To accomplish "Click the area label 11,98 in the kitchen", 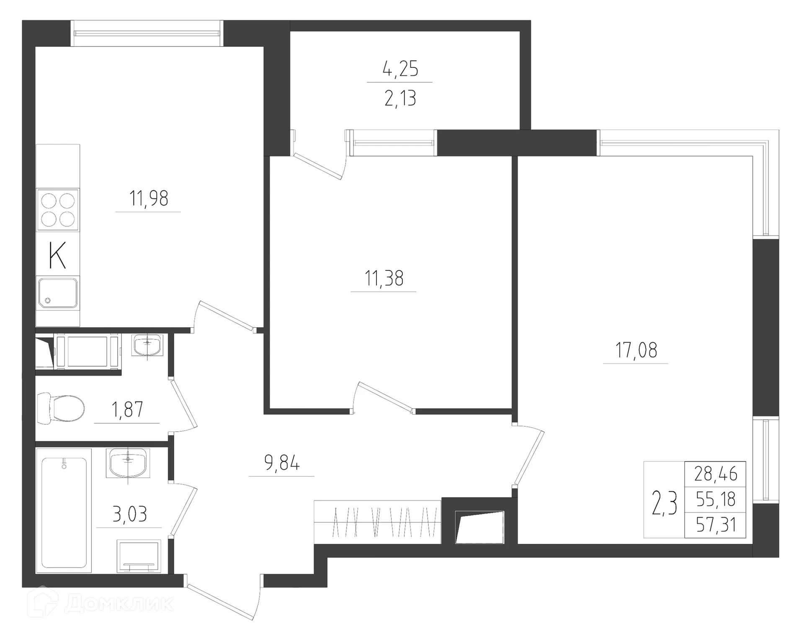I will pos(149,198).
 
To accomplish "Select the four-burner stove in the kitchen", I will pos(58,210).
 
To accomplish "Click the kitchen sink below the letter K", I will pos(58,293).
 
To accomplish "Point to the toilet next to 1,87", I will pos(62,408).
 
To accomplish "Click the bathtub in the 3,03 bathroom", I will pos(64,512).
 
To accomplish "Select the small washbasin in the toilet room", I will pos(147,345).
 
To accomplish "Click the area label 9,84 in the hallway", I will pos(282,463).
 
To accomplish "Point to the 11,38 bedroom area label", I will pos(384,278).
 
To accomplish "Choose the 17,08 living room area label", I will pos(636,350).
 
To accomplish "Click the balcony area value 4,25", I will pos(400,69).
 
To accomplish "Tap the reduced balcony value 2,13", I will pos(400,99).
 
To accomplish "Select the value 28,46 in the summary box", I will pos(716,474).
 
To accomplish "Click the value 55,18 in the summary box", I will pos(716,499).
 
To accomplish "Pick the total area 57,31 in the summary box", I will pos(716,525).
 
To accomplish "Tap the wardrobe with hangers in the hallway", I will pos(377,522).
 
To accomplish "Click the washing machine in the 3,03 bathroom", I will pos(139,556).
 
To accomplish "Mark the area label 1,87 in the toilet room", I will pos(127,409).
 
